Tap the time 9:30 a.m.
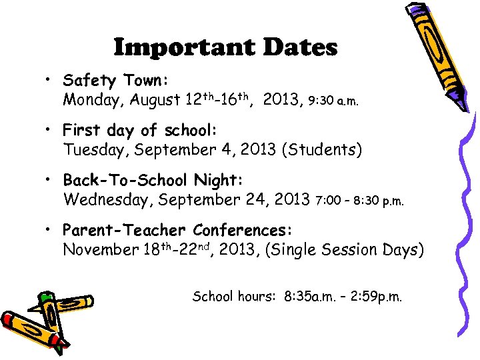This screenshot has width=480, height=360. point(333,102)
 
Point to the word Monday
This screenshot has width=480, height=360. point(93,101)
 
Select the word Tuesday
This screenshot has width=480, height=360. point(96,150)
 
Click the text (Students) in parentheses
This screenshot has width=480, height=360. point(322,150)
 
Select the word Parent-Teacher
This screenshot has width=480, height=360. point(124,231)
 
